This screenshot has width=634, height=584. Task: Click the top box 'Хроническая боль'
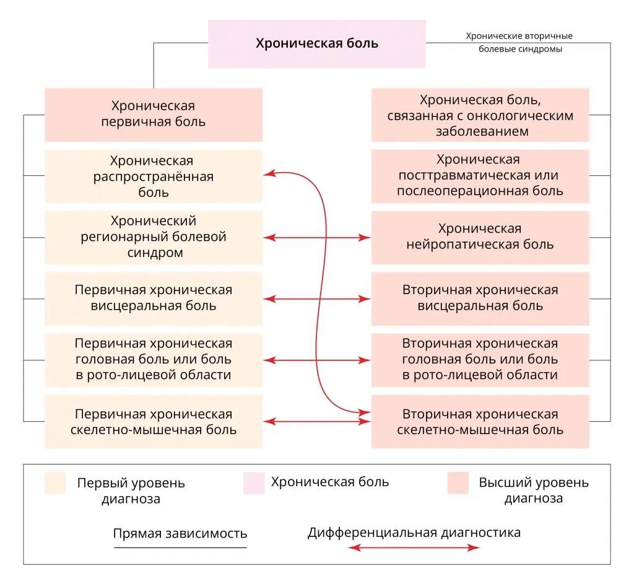(x=316, y=43)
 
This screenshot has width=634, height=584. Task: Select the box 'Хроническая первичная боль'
(x=153, y=114)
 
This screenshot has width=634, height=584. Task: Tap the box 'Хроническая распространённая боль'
(x=153, y=177)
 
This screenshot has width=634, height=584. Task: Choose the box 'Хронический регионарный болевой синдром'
(x=153, y=237)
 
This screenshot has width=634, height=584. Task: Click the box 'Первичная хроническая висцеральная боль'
(x=153, y=298)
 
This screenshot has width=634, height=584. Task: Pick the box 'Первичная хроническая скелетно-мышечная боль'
(x=153, y=422)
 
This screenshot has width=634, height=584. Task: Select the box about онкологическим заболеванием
(x=480, y=115)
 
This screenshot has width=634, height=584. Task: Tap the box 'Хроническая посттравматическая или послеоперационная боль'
(x=480, y=176)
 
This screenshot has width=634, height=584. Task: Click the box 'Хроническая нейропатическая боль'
(x=480, y=237)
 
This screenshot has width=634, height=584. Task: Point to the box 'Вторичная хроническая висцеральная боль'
(x=480, y=298)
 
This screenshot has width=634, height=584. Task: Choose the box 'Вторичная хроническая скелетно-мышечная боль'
(x=480, y=422)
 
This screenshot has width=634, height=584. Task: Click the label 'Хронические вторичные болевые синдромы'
(x=519, y=43)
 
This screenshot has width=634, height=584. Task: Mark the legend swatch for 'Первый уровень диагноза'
(x=55, y=483)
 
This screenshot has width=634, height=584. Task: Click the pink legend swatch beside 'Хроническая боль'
(x=254, y=483)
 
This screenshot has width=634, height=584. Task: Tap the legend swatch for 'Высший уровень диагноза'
(x=458, y=483)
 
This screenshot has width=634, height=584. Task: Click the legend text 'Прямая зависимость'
(x=180, y=534)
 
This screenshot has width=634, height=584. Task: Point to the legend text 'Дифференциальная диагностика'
(x=414, y=533)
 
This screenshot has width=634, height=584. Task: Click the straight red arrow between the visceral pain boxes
(x=317, y=299)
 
